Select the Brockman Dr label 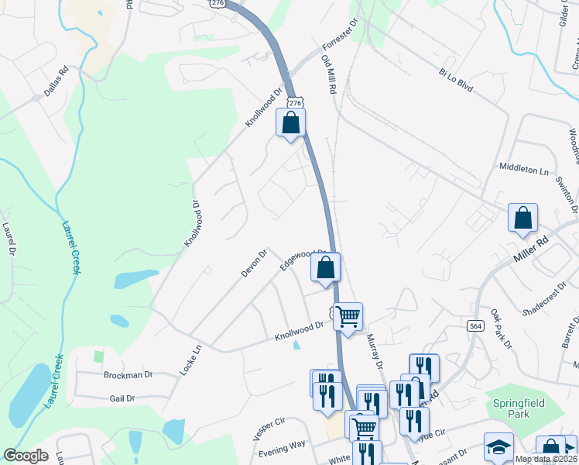point(128,374)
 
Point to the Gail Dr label point(123,398)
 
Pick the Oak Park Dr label point(500,329)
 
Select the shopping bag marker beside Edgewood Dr point(326,267)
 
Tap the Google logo point(26,456)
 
